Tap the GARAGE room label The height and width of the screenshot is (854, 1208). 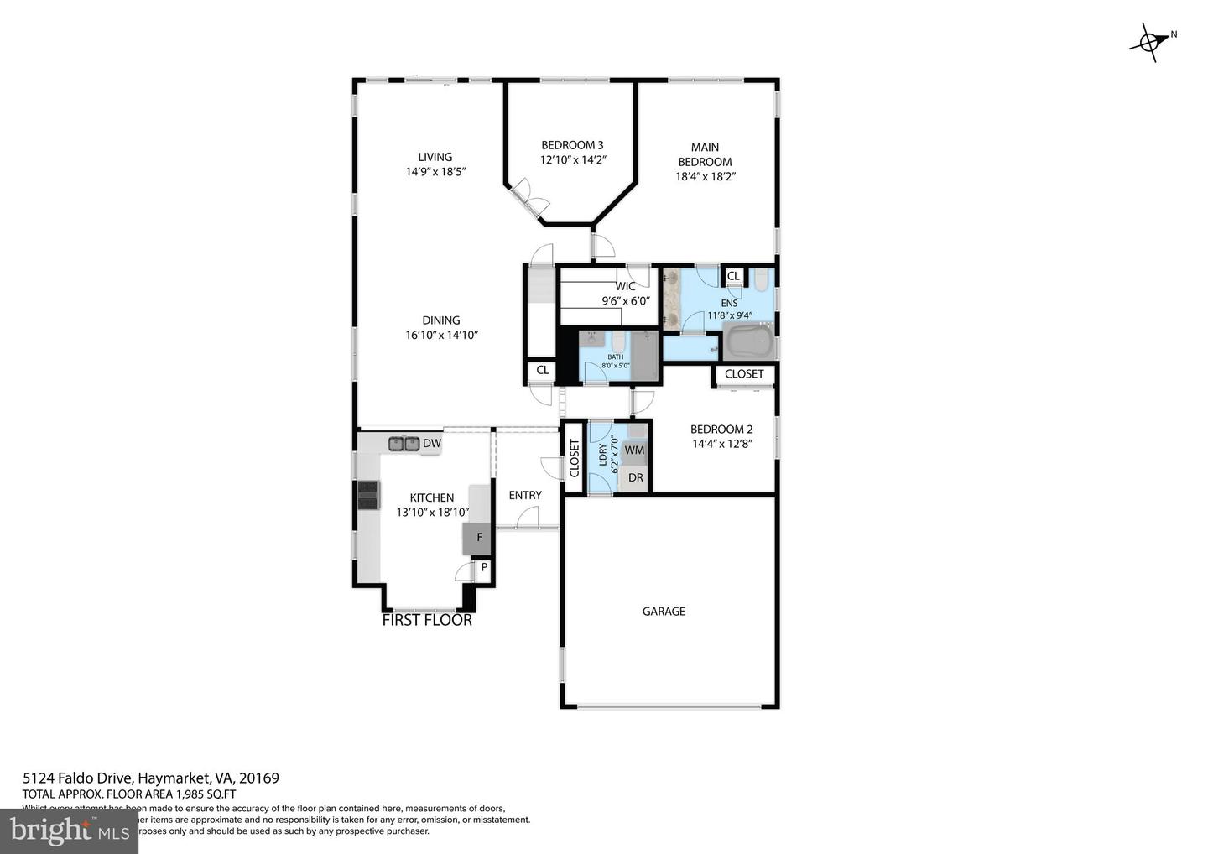(664, 612)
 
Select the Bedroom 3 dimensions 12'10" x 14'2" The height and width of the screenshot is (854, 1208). (572, 159)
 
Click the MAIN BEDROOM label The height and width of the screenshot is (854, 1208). (705, 154)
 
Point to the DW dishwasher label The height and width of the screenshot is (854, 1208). (431, 444)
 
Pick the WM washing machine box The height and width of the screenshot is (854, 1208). (635, 450)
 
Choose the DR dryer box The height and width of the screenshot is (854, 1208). (636, 478)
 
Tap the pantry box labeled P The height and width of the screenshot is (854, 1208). (483, 568)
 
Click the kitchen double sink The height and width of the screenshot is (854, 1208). (404, 443)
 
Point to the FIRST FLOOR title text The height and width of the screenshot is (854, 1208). (427, 621)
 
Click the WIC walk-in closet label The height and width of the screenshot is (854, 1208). (625, 286)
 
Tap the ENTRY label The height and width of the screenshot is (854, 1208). (525, 495)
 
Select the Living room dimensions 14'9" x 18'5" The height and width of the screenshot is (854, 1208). (435, 171)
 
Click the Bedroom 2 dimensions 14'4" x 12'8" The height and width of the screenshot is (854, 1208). (721, 444)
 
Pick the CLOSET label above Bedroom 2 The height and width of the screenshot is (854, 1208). (744, 374)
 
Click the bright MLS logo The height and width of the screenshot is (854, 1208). (69, 831)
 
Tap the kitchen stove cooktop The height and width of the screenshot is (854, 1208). (368, 494)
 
